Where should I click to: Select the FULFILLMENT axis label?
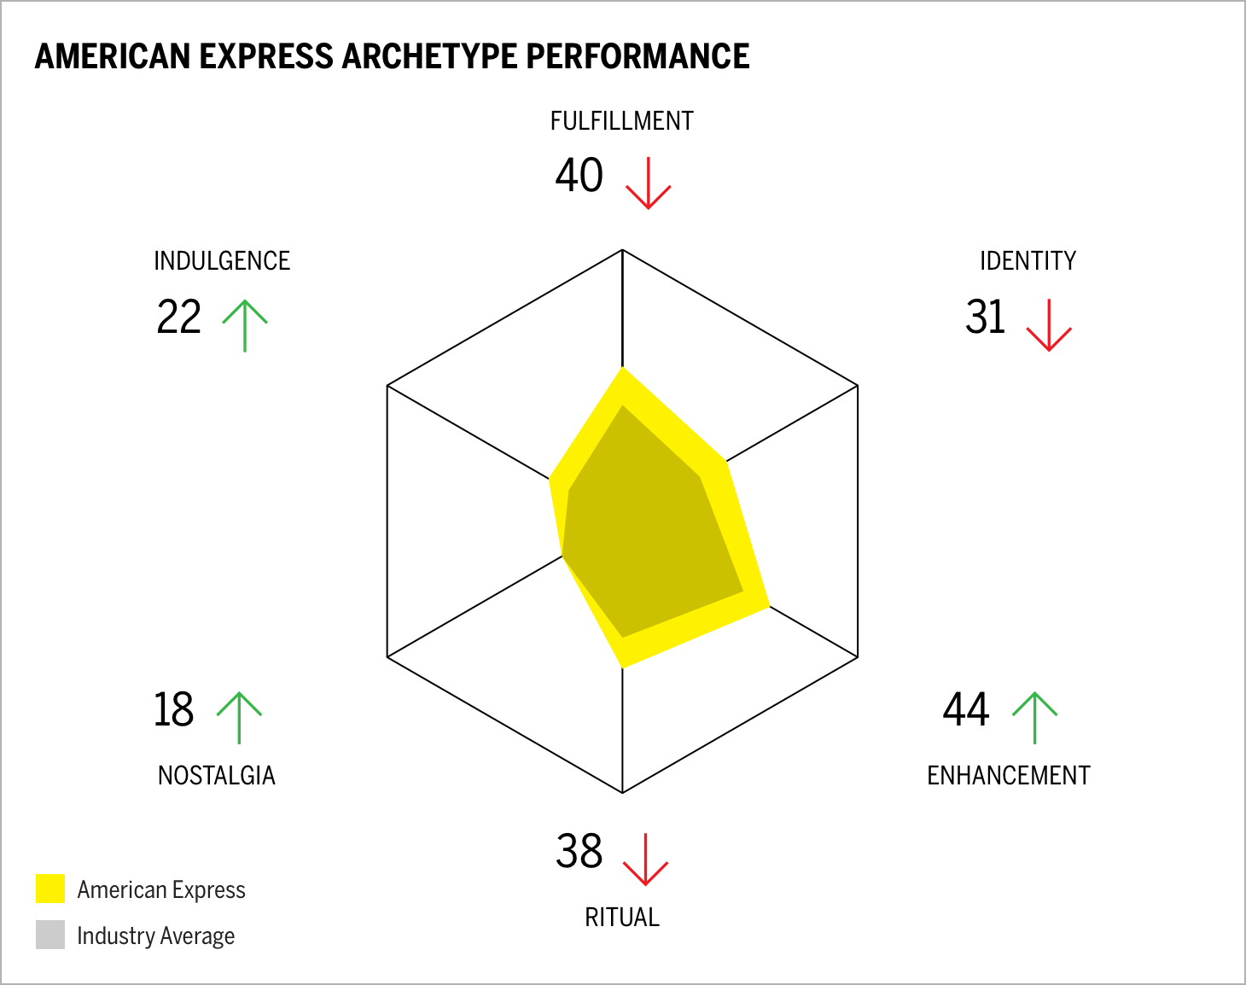(x=621, y=121)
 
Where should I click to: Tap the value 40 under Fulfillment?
(x=579, y=175)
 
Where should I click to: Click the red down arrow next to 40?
(x=649, y=183)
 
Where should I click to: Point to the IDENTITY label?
(x=1028, y=261)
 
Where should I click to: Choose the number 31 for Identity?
(x=986, y=317)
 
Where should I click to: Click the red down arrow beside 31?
(x=1048, y=325)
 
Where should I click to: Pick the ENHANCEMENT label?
(x=1008, y=776)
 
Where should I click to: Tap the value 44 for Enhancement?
(x=966, y=710)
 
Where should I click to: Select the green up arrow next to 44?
(x=1034, y=717)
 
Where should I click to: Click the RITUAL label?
(x=621, y=918)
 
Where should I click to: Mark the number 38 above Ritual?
(x=579, y=852)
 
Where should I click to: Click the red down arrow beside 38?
(x=645, y=860)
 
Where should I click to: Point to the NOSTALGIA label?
(x=217, y=776)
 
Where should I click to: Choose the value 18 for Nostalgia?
(x=173, y=710)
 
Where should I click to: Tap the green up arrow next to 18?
(x=239, y=717)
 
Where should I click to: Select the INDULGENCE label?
(x=222, y=261)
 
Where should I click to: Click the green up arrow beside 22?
(x=245, y=325)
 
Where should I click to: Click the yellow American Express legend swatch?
(x=50, y=889)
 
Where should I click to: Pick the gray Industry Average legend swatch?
(x=50, y=935)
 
